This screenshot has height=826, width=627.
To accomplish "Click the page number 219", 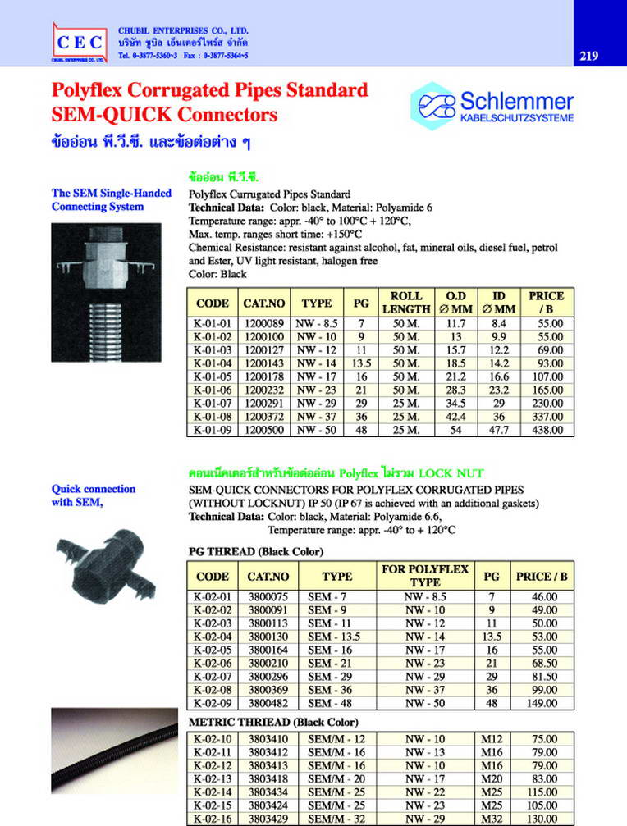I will coord(588,57).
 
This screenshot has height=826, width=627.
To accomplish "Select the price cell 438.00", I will coord(547,430).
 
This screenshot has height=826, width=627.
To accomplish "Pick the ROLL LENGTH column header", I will coord(406,302).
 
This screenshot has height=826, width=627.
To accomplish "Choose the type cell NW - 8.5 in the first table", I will coord(317,325).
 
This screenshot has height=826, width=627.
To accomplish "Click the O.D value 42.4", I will coord(455,417).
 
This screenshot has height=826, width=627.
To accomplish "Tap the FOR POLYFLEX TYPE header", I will coord(425,575).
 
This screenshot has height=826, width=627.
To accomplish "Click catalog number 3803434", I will coord(268,793).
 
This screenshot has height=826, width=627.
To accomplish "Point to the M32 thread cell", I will coord(491,819).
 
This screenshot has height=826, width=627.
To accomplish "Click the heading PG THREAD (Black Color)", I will coord(256,550).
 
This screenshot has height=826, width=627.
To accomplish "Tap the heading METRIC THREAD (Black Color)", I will coord(273,723).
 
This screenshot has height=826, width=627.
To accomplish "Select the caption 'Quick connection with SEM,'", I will coord(94,495).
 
